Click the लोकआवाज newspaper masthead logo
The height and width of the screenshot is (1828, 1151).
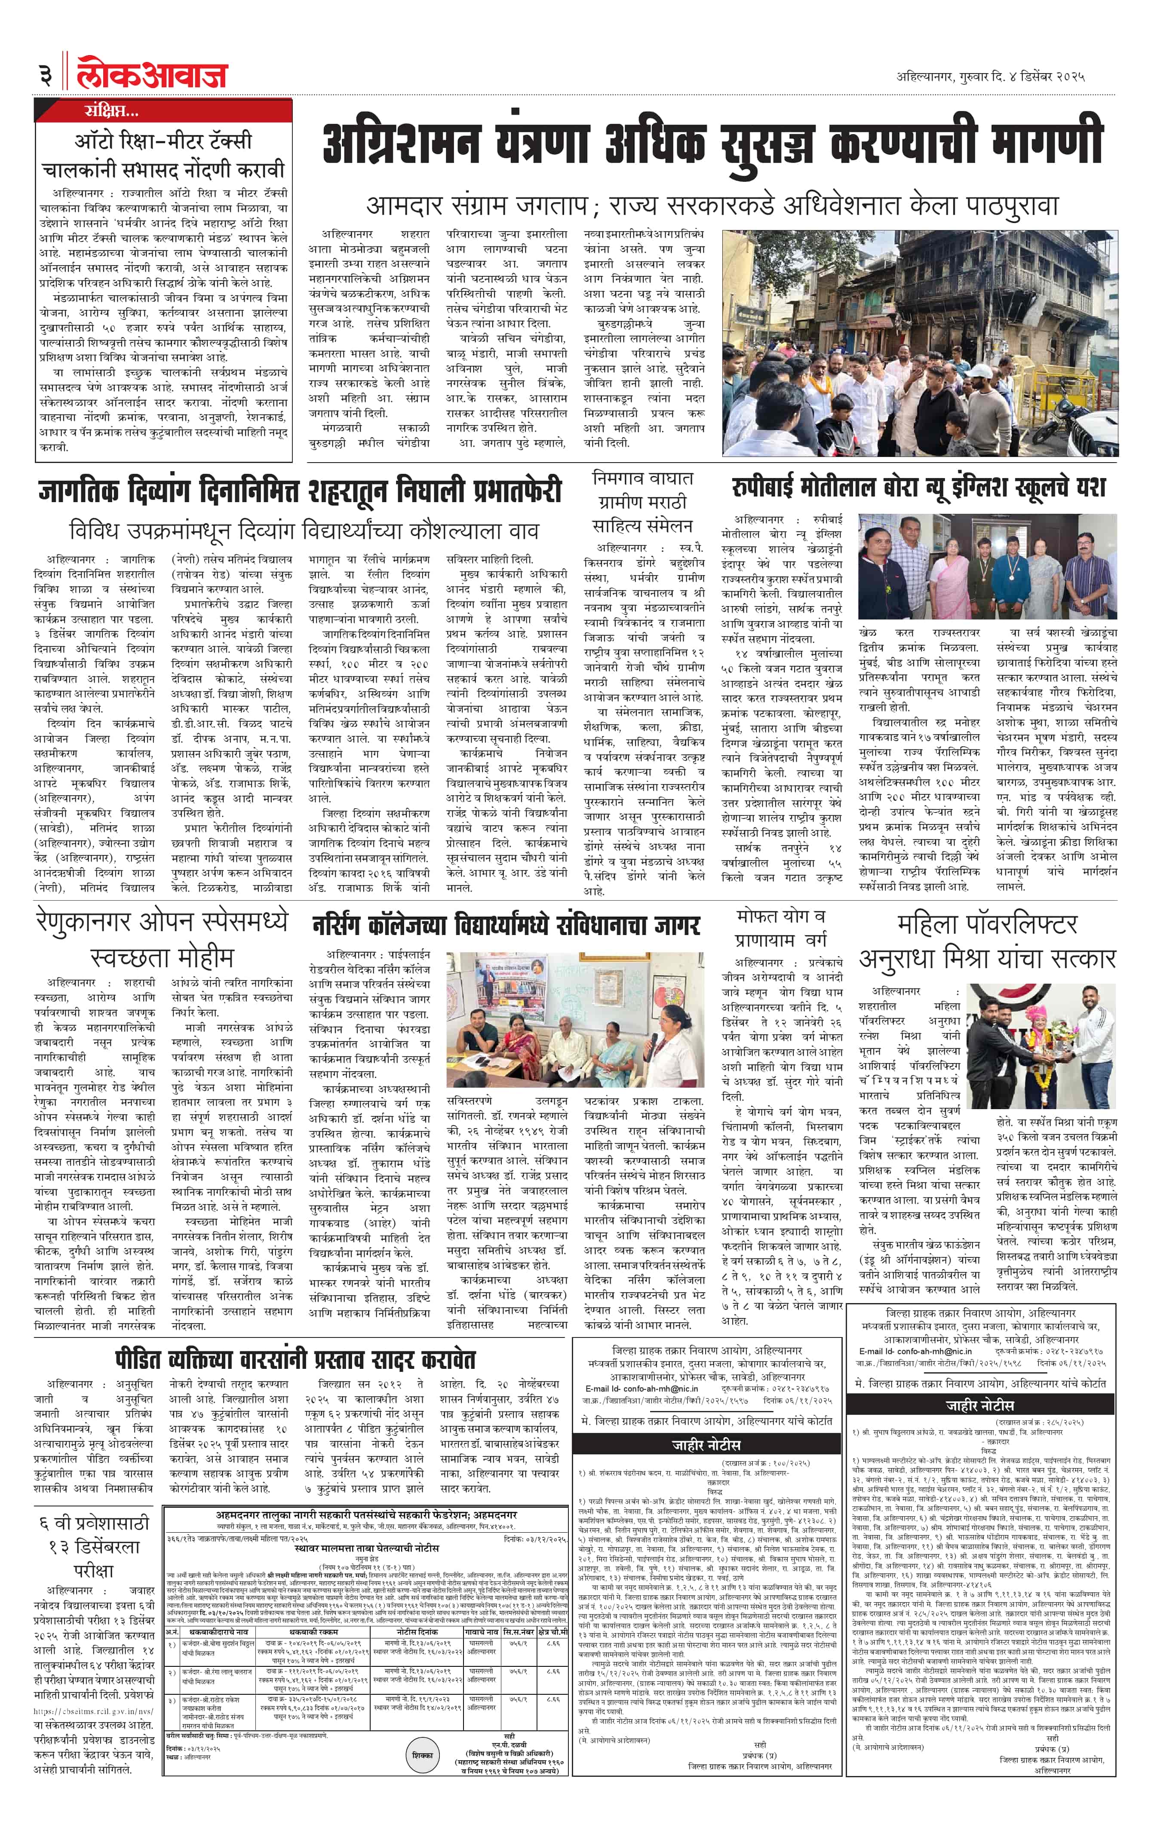(152, 74)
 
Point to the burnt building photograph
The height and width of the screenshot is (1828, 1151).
(919, 342)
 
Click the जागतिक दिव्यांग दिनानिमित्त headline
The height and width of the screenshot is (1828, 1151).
(301, 491)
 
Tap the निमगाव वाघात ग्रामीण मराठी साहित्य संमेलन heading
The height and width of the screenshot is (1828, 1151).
(642, 502)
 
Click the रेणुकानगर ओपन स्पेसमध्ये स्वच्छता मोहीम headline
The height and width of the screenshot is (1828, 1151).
(162, 939)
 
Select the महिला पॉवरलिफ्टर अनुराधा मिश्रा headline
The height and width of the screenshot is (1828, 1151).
(987, 942)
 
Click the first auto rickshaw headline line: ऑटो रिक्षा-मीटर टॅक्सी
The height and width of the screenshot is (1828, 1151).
(163, 141)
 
